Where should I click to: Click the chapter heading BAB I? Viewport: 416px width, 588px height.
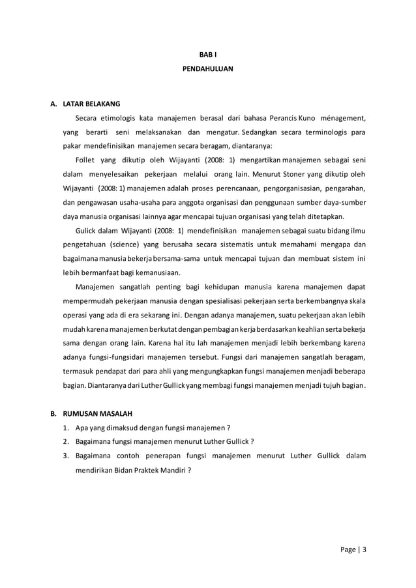(x=207, y=53)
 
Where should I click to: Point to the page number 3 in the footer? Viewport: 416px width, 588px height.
(x=364, y=548)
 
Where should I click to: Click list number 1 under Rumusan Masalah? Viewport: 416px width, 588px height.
(x=66, y=428)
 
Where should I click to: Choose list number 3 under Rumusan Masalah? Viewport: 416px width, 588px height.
(x=66, y=456)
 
